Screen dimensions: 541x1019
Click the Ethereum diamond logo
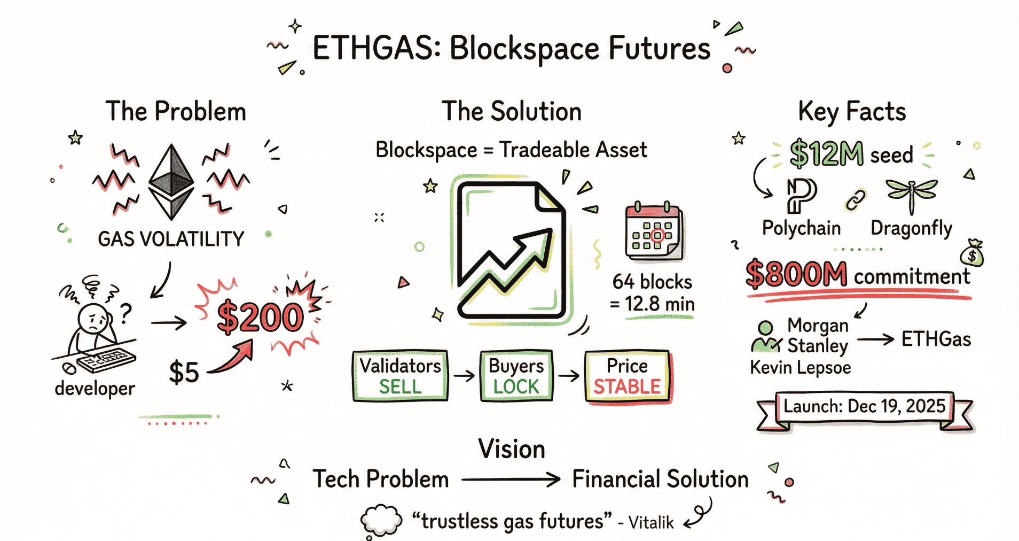(171, 182)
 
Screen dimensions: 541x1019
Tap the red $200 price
(260, 317)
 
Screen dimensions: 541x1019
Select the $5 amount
(184, 372)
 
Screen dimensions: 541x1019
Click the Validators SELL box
(400, 376)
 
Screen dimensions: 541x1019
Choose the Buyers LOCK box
(516, 376)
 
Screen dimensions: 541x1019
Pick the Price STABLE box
(627, 376)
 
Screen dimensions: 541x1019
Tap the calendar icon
(654, 231)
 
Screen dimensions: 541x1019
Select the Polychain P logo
(801, 195)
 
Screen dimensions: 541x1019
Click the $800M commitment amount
(796, 275)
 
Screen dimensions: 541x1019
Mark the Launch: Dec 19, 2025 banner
(864, 407)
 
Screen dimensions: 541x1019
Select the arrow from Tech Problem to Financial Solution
(510, 480)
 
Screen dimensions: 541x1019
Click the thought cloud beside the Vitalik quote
(381, 520)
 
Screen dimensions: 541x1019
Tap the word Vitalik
(651, 522)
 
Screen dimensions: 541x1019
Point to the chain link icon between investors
(855, 200)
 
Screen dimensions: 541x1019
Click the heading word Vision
(511, 449)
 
